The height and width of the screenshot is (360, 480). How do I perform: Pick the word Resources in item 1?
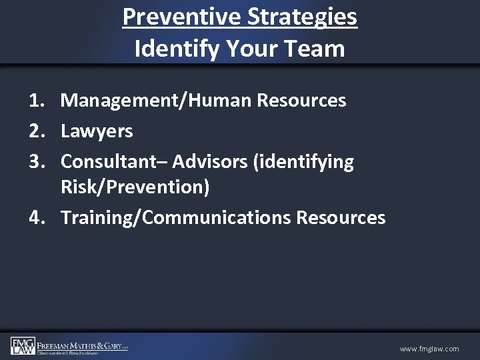(301, 101)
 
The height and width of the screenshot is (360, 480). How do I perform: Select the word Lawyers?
(97, 131)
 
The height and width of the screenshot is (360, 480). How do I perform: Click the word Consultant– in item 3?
(113, 161)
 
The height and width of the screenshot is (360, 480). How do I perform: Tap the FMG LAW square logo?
(22, 345)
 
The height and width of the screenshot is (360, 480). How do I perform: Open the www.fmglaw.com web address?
(429, 349)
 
